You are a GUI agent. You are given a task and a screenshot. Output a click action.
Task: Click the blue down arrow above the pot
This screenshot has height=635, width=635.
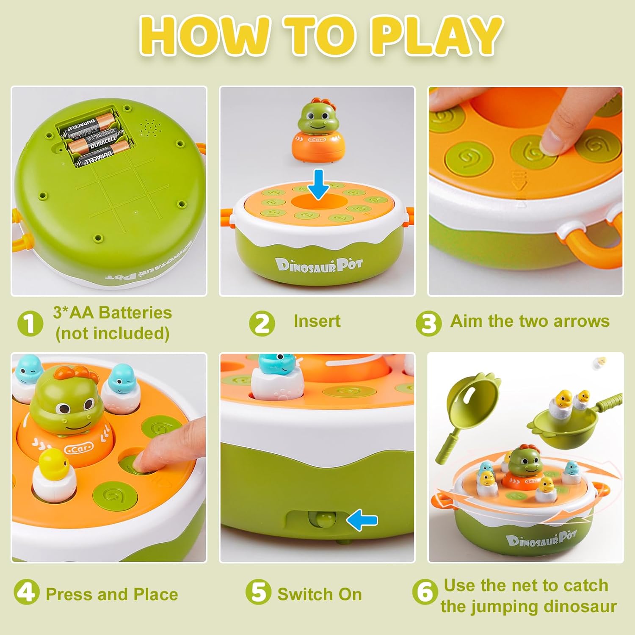[318, 184]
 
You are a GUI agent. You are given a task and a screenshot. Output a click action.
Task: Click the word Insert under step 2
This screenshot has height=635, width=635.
[317, 321]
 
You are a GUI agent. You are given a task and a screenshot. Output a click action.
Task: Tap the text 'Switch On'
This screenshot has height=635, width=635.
[320, 594]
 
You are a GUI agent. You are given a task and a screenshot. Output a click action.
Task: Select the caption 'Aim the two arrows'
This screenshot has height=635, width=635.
[530, 321]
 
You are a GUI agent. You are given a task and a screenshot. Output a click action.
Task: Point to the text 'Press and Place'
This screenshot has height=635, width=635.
[112, 594]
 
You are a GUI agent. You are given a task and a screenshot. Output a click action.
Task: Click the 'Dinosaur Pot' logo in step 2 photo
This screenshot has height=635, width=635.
[319, 265]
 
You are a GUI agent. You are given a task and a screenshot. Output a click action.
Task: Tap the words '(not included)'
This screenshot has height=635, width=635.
[112, 334]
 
